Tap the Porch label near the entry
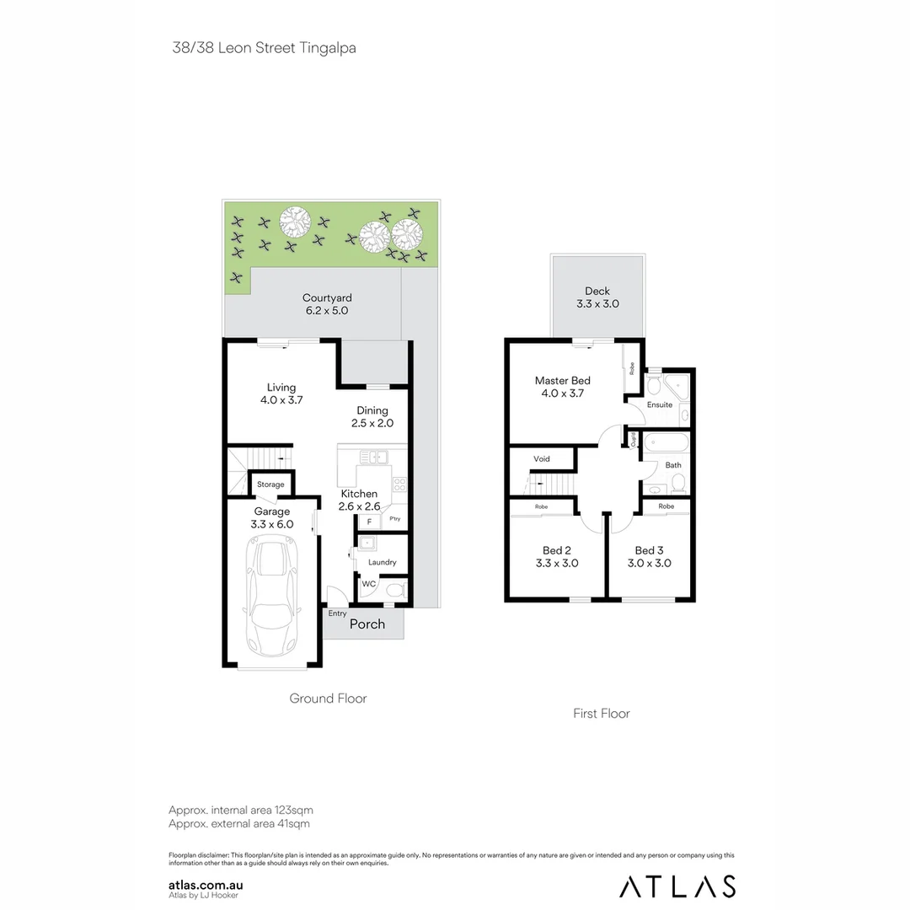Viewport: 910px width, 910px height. pyautogui.click(x=367, y=624)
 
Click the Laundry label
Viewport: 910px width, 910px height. pyautogui.click(x=382, y=563)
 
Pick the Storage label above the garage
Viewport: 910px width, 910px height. pyautogui.click(x=270, y=484)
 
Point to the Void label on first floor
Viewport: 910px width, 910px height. pyautogui.click(x=542, y=459)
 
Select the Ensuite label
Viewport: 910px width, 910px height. pyautogui.click(x=660, y=404)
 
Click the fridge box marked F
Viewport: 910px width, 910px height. pyautogui.click(x=369, y=522)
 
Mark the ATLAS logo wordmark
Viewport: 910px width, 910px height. pyautogui.click(x=677, y=886)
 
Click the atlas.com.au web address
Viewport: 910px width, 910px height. pyautogui.click(x=206, y=886)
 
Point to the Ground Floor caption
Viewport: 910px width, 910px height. pyautogui.click(x=328, y=699)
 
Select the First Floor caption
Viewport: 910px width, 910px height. pyautogui.click(x=602, y=714)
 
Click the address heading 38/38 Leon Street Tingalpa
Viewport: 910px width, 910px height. pyautogui.click(x=264, y=48)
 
